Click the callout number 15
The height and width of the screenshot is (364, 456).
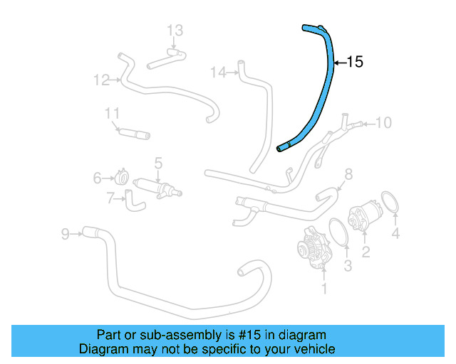(354, 63)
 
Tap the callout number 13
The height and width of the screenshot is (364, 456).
(175, 30)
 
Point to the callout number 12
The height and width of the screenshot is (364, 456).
(100, 80)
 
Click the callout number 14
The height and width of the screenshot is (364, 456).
(219, 72)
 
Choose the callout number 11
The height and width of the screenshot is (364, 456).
(112, 114)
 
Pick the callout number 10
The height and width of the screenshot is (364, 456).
(383, 123)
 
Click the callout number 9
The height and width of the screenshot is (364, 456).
(65, 233)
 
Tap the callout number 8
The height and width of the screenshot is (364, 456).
(348, 173)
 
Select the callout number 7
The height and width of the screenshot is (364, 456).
(110, 199)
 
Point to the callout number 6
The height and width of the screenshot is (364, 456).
(98, 178)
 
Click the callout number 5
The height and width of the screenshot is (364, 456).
(158, 163)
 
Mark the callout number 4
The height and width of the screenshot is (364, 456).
(395, 233)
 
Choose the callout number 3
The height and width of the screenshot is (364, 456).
(348, 267)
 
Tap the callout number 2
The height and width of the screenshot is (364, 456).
(366, 251)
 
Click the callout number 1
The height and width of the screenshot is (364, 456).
(324, 289)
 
